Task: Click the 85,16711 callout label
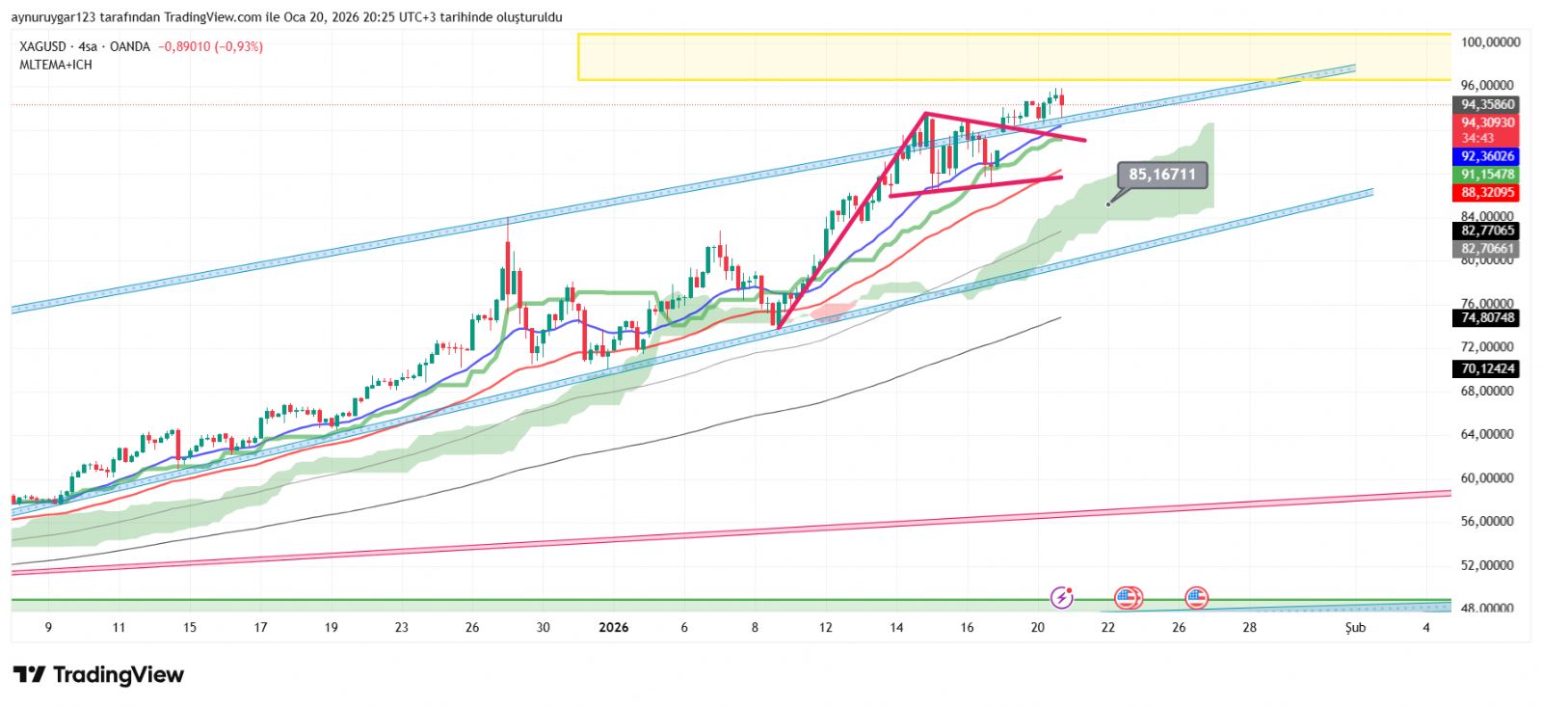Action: (x=1161, y=175)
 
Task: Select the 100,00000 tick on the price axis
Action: (x=1490, y=42)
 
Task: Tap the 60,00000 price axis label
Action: (x=1487, y=478)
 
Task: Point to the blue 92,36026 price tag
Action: (x=1487, y=156)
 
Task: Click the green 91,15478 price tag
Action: (x=1487, y=175)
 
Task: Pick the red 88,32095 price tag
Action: (x=1487, y=193)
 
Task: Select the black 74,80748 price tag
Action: (x=1487, y=317)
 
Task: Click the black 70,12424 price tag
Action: (x=1487, y=368)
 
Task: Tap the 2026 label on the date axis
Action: (x=613, y=628)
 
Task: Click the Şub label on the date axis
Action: (x=1355, y=628)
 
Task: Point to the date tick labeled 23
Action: (x=401, y=628)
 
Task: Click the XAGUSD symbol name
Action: (x=43, y=46)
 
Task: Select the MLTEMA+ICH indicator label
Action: (x=56, y=65)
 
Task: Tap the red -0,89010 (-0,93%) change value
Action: (x=210, y=46)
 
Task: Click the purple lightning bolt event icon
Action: (x=1061, y=598)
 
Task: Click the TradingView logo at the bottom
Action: (x=98, y=675)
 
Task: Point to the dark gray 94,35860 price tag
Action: (x=1487, y=104)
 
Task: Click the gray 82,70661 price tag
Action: (x=1487, y=249)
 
